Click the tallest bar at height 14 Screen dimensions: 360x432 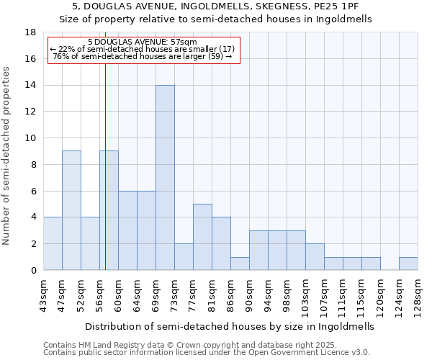click(x=165, y=177)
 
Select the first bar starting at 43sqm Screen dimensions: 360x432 click(x=53, y=243)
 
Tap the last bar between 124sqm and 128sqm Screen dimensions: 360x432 click(x=408, y=264)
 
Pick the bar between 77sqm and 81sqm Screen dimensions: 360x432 click(x=202, y=237)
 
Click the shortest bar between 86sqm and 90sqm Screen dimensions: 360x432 click(x=240, y=264)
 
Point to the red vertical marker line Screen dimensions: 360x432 click(x=105, y=166)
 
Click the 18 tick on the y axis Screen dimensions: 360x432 click(x=31, y=32)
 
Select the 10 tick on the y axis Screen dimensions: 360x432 click(x=31, y=138)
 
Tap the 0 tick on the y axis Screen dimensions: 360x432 click(x=33, y=271)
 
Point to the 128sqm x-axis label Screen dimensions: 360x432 click(x=418, y=295)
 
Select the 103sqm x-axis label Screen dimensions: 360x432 click(x=305, y=295)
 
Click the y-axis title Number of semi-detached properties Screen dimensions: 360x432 click(x=7, y=156)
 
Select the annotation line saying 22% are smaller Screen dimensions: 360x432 click(x=142, y=49)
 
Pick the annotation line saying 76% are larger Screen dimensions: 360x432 click(x=143, y=56)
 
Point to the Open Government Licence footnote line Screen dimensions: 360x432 click(x=206, y=353)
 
